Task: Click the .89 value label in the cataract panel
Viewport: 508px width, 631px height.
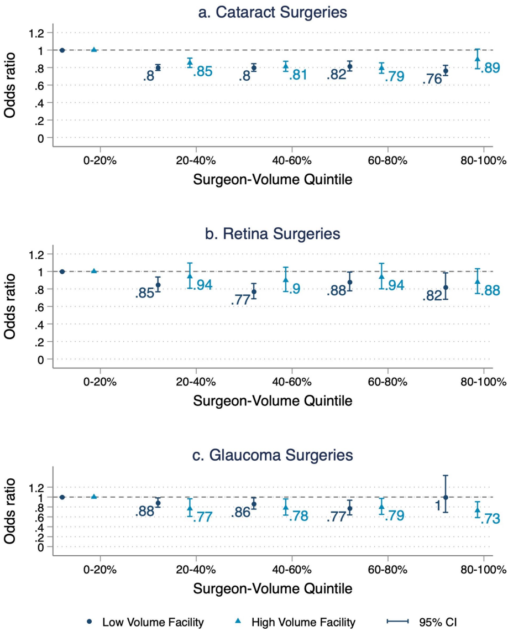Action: coord(490,69)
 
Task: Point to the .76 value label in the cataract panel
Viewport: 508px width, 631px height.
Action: coord(432,80)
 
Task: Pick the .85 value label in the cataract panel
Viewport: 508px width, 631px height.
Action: coord(203,71)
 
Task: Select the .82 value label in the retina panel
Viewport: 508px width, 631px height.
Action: coord(432,296)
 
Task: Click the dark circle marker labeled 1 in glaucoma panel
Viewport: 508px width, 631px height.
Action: coord(446,497)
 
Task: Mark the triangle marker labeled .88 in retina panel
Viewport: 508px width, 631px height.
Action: coord(478,281)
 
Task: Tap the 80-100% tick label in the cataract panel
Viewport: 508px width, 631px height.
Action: coord(484,161)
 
